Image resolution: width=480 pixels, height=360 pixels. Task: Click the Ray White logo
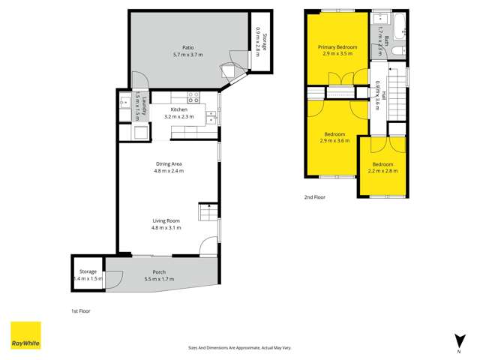coord(25,335)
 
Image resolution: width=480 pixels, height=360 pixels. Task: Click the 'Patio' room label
coord(178,47)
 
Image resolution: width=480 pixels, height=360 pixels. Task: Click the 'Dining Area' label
coord(168,163)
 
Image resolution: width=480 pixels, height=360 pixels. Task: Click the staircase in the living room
coord(207,214)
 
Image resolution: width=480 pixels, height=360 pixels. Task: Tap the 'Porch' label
coord(159,271)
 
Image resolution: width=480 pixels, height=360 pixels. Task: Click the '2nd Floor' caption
coord(314,197)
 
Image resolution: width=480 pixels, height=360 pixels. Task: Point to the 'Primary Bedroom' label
coord(337,47)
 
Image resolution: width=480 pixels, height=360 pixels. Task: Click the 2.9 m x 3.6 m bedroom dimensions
coord(334,141)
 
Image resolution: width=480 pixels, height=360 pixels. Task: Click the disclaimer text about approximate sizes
coord(240,347)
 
